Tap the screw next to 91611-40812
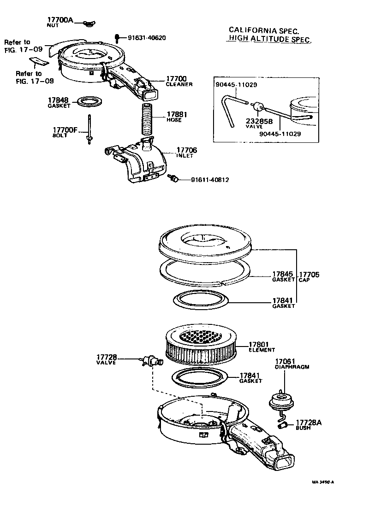(x=174, y=178)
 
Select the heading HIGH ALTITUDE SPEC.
(x=269, y=40)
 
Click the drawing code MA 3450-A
(x=322, y=482)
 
